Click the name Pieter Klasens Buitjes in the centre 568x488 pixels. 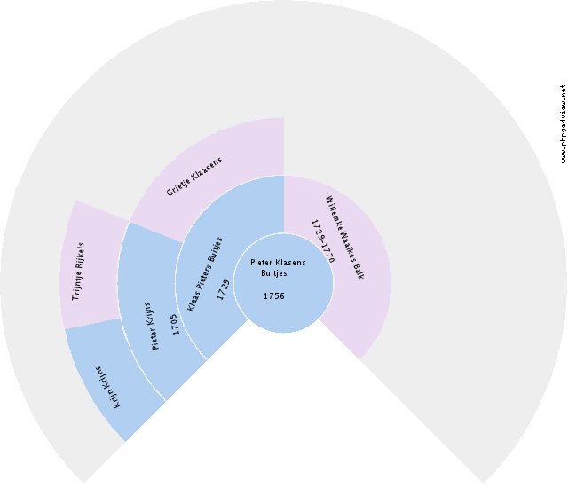click(278, 268)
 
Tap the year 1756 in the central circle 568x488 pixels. click(274, 296)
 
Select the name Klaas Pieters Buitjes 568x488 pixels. click(205, 274)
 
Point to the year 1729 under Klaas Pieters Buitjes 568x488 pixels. click(224, 289)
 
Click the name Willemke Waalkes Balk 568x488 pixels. click(344, 238)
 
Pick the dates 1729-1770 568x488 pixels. click(323, 241)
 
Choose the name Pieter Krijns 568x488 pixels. click(154, 327)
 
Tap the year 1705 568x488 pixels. click(175, 324)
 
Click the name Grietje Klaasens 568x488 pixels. click(194, 177)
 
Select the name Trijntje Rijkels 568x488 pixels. click(78, 272)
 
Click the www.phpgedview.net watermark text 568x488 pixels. click(563, 123)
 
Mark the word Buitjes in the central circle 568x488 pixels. click(274, 273)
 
